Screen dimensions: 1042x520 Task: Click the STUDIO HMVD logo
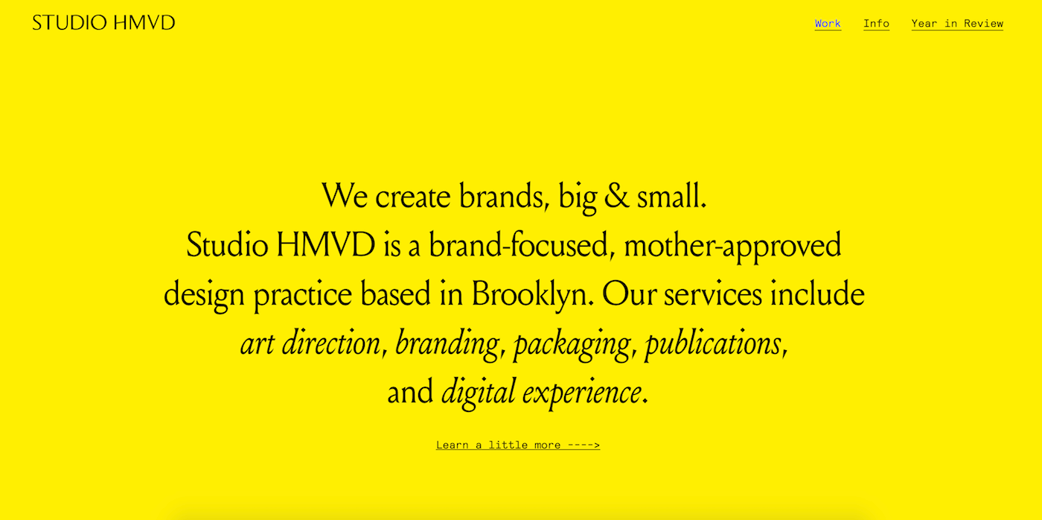pyautogui.click(x=103, y=22)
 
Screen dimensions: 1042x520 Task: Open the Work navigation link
pyautogui.click(x=828, y=23)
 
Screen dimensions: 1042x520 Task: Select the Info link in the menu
pyautogui.click(x=877, y=23)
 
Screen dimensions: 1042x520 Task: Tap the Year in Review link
pyautogui.click(x=957, y=23)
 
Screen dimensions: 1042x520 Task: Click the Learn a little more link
pyautogui.click(x=518, y=445)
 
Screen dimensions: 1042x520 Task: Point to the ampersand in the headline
pyautogui.click(x=616, y=196)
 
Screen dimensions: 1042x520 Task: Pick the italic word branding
pyautogui.click(x=447, y=344)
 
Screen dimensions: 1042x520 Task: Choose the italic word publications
pyautogui.click(x=713, y=344)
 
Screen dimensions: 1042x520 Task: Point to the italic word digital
pyautogui.click(x=478, y=393)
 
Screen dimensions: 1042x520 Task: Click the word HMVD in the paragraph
pyautogui.click(x=326, y=245)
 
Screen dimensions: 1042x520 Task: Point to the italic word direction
pyautogui.click(x=330, y=343)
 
